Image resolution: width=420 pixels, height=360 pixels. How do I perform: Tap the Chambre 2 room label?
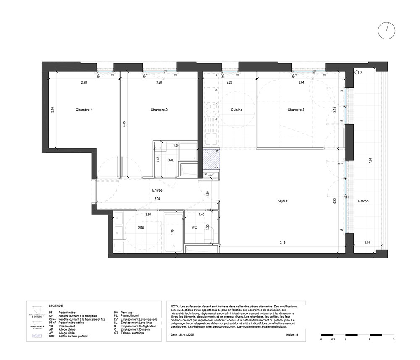click(x=159, y=110)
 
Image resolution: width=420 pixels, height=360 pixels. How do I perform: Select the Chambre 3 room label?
click(x=296, y=110)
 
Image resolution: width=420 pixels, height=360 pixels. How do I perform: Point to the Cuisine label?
click(x=237, y=110)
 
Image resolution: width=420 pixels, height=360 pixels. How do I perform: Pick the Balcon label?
click(x=363, y=201)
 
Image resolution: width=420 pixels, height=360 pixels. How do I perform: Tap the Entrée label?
click(x=157, y=190)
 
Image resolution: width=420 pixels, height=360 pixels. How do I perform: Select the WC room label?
click(x=194, y=227)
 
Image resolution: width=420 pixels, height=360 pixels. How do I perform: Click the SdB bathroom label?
click(x=141, y=227)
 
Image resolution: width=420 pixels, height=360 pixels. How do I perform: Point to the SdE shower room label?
click(x=171, y=160)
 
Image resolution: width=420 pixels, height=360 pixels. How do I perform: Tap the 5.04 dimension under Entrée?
click(x=157, y=198)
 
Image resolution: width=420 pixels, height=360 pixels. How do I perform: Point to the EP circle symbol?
click(x=357, y=72)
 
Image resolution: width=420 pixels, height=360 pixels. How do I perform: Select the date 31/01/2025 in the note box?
click(x=187, y=335)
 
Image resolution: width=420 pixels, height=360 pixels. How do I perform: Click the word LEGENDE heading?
click(x=55, y=306)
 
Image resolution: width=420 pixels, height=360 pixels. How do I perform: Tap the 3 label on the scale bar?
click(x=394, y=339)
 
